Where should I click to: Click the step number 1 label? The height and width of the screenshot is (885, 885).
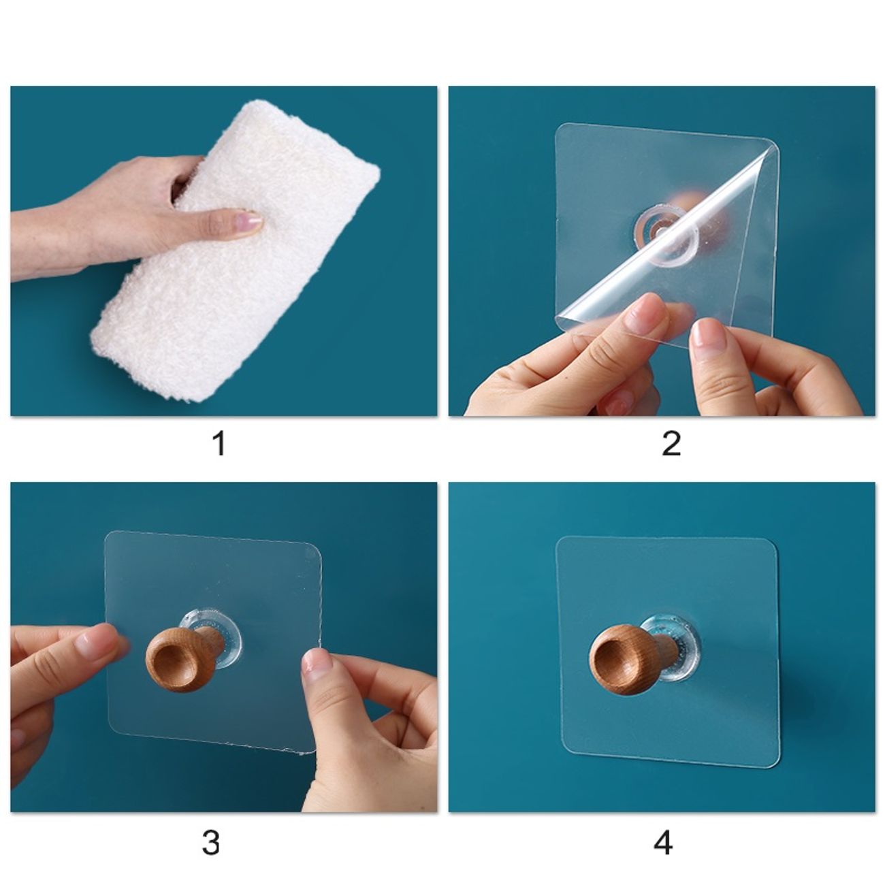tap(219, 444)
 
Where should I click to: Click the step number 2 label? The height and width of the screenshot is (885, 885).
tap(671, 444)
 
